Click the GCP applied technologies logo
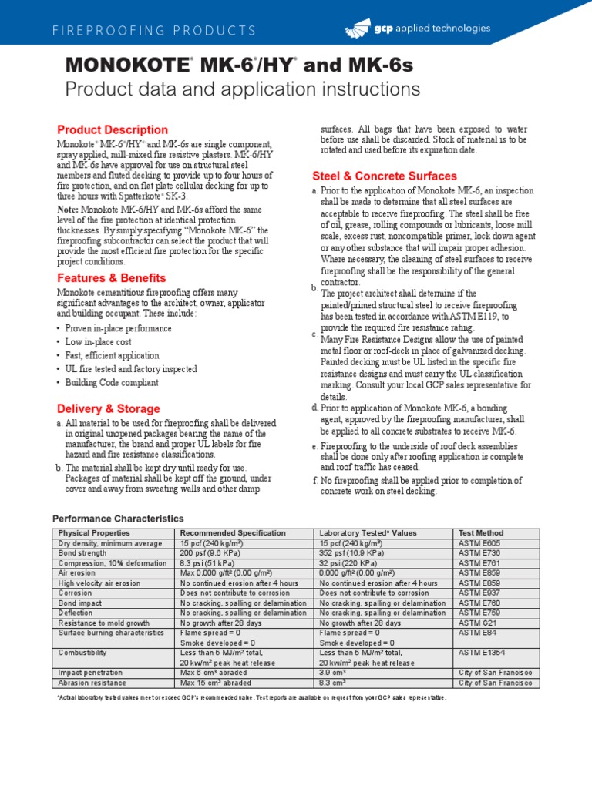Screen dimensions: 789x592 417,29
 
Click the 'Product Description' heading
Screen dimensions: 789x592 113,129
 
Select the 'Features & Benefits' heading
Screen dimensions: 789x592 111,277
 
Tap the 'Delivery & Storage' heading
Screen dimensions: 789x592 109,408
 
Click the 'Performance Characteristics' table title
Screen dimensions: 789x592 118,519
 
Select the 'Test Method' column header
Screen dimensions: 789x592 480,532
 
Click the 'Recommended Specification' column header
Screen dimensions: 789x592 232,532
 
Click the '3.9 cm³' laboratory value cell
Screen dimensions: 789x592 333,673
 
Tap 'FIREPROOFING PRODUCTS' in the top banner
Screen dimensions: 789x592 154,31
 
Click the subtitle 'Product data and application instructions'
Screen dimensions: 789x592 243,89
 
